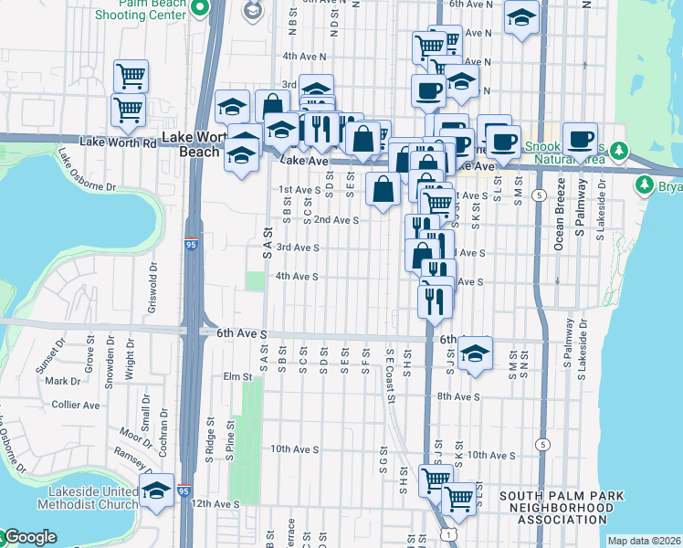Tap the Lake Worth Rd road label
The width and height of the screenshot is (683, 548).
click(118, 142)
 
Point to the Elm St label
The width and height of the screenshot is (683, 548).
click(236, 376)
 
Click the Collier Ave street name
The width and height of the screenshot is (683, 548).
click(78, 405)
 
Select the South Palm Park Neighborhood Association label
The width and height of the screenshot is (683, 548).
click(562, 507)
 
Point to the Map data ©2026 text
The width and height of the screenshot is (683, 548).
click(644, 541)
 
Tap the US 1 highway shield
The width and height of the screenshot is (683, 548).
click(445, 530)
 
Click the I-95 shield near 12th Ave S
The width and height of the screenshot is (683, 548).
click(185, 490)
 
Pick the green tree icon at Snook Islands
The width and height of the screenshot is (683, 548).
click(619, 149)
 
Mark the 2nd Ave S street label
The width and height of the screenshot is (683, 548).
click(336, 220)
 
